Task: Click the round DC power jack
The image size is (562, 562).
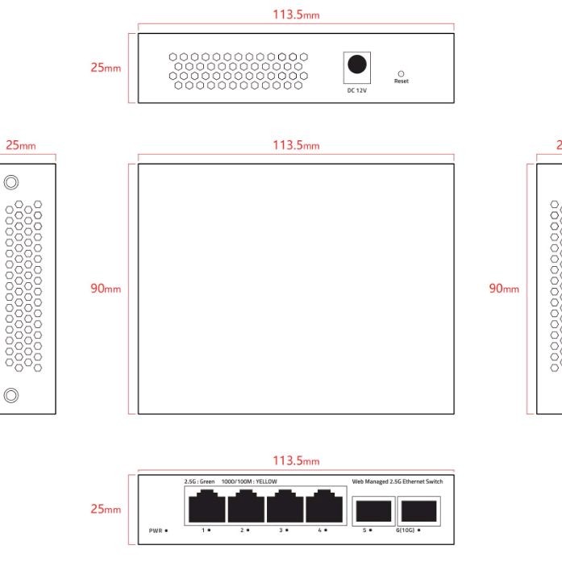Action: pos(356,65)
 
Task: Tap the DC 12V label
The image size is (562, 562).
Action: pos(356,90)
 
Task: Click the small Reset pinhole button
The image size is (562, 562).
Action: pos(401,73)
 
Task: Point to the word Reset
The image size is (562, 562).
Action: pos(401,81)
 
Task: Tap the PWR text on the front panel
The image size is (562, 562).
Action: pos(156,531)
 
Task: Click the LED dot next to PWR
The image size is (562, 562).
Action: pos(166,531)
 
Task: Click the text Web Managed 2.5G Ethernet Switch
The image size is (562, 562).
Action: pos(398,481)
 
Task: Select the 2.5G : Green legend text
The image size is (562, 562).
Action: pos(199,481)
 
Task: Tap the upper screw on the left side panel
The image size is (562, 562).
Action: pos(11,182)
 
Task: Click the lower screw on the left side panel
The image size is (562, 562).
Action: pos(11,395)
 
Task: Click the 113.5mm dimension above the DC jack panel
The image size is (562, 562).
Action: pos(295,15)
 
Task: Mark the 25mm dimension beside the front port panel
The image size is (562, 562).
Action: pos(106,510)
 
